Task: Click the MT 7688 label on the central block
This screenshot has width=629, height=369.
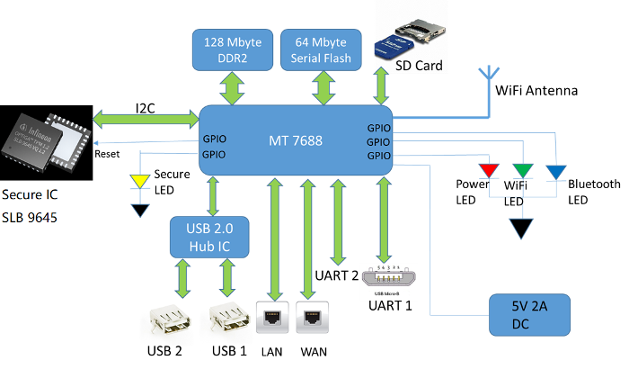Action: pos(297,140)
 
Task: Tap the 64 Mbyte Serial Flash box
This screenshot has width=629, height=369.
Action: pos(322,50)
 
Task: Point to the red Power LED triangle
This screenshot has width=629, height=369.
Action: pos(489,170)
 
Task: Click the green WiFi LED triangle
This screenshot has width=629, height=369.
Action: pos(523,170)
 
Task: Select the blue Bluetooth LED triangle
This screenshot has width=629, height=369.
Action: pos(555,170)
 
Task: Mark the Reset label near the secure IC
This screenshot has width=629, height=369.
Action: pos(107,156)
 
